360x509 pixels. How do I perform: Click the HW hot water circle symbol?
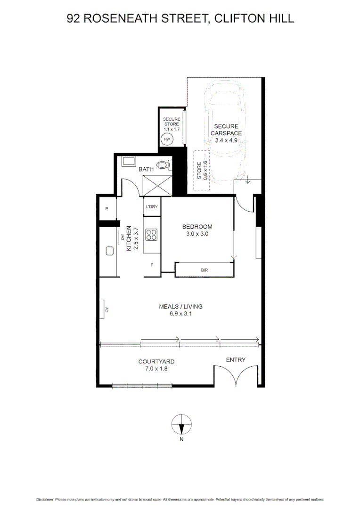click(x=167, y=140)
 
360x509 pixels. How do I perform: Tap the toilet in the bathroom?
click(x=164, y=164)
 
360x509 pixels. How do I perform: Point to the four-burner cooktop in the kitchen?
click(x=152, y=234)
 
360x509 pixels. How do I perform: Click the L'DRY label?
click(x=152, y=207)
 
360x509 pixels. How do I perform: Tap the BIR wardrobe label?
click(x=204, y=271)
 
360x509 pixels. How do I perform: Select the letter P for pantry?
click(x=107, y=209)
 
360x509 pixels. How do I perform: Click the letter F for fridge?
click(x=152, y=265)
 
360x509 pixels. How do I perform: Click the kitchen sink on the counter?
click(x=110, y=251)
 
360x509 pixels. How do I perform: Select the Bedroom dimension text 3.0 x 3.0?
click(x=197, y=233)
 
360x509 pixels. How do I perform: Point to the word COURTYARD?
click(x=156, y=361)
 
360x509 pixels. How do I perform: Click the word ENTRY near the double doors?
click(x=236, y=360)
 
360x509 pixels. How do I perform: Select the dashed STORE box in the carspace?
click(x=202, y=170)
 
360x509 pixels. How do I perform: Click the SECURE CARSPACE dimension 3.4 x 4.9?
click(x=226, y=140)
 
